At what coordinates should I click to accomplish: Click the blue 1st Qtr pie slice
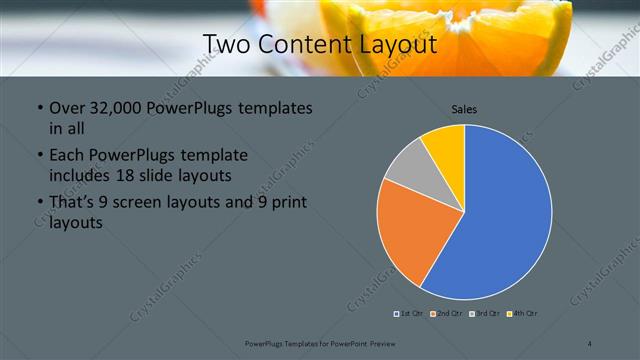click(505, 215)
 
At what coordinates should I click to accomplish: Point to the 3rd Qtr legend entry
click(485, 314)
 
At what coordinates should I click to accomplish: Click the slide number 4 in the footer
click(591, 343)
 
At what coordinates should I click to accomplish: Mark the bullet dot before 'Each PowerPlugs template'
click(39, 157)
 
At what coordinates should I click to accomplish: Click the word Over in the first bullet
click(67, 108)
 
